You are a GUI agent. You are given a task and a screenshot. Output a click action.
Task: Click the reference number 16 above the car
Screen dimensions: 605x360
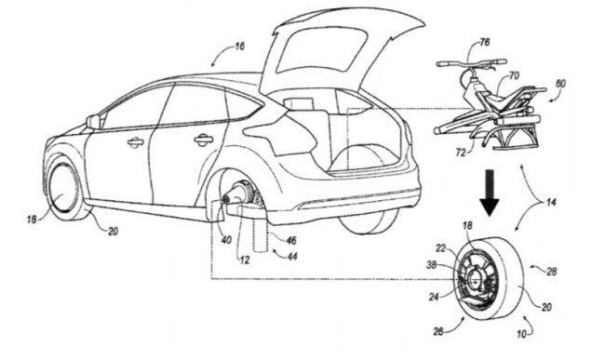[x=239, y=47]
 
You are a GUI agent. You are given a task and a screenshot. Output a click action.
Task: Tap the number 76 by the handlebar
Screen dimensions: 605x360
[x=485, y=42]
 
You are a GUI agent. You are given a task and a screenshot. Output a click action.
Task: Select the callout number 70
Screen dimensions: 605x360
[x=514, y=75]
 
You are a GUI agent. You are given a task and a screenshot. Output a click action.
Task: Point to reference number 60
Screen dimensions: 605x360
[x=560, y=83]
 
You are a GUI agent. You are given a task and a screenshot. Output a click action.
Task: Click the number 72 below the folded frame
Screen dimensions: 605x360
[x=461, y=153]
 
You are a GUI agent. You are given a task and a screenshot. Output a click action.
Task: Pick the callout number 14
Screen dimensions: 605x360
[x=551, y=202]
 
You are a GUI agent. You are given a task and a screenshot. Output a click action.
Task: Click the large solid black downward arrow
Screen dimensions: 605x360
[x=490, y=193]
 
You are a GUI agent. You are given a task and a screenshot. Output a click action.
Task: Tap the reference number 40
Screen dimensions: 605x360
[x=226, y=240]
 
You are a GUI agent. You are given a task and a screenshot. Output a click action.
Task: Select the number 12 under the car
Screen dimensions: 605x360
[x=245, y=260]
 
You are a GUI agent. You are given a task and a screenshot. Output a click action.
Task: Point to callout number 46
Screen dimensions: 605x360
[x=291, y=241]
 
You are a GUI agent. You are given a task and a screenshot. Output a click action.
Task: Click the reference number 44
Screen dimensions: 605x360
[x=292, y=256]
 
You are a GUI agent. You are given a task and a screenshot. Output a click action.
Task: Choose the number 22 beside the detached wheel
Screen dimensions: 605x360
[x=441, y=248]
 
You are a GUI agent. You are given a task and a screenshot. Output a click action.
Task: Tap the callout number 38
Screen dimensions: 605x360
[x=432, y=265]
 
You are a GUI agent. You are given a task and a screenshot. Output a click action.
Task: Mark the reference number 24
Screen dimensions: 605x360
[x=434, y=297]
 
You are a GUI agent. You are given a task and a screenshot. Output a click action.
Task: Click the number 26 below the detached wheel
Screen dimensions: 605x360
[x=438, y=331]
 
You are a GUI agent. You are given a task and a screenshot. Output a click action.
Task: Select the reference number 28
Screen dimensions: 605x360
[x=551, y=272]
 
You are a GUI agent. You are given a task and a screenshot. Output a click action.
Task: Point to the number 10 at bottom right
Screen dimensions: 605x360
[x=521, y=334]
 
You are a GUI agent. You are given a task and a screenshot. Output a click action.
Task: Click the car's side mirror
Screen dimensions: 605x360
[x=93, y=122]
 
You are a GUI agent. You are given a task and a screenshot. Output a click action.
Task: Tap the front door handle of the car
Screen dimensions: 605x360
[x=136, y=142]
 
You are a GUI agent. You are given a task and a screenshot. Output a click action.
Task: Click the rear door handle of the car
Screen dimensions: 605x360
[x=203, y=140]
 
